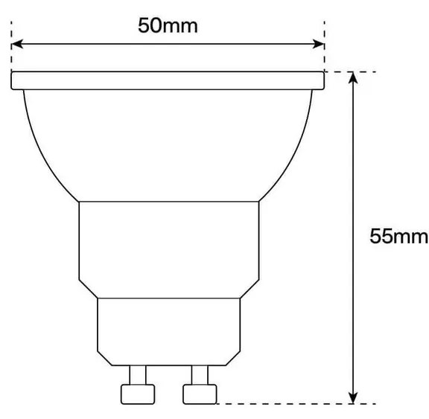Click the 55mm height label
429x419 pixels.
[x=399, y=236]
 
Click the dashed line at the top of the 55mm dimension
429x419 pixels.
[x=350, y=71]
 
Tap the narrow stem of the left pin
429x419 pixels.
[x=137, y=374]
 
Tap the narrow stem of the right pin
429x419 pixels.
[x=200, y=374]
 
